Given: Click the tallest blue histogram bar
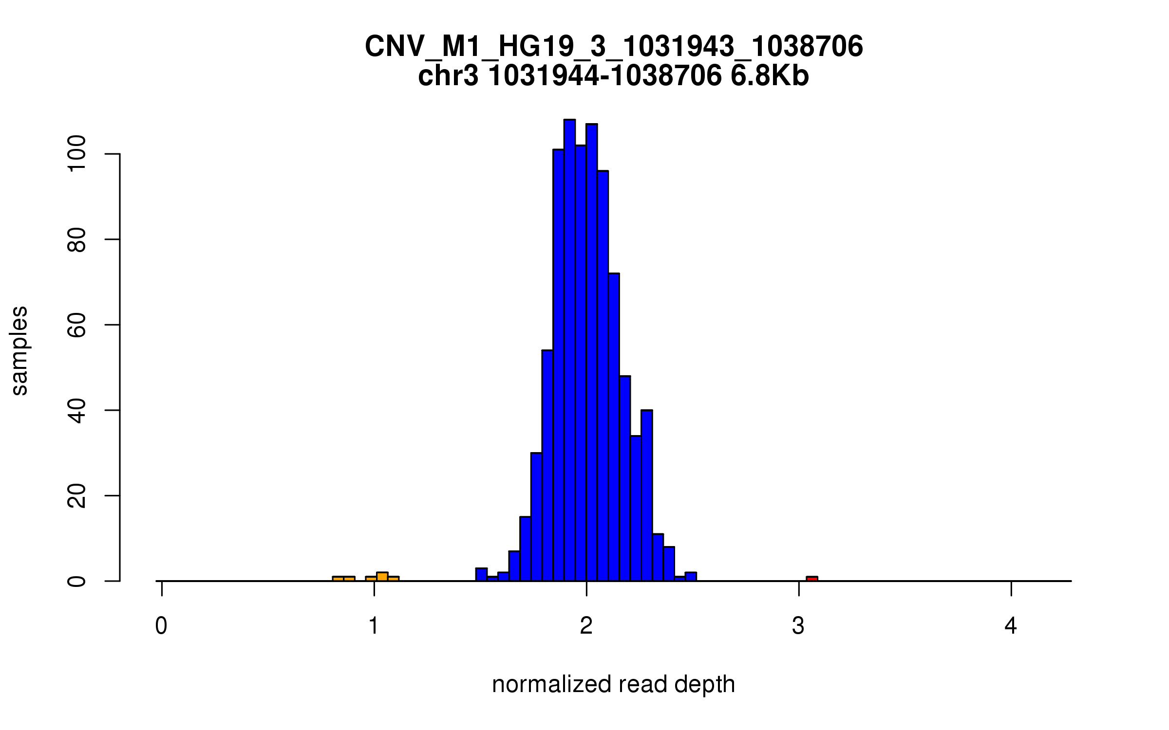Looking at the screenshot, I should [x=569, y=350].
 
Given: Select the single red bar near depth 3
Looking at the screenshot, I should [x=812, y=579].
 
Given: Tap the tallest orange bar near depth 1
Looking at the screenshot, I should [x=382, y=577].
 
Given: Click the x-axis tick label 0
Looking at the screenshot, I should [x=161, y=626].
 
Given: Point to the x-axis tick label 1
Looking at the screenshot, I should [x=374, y=626].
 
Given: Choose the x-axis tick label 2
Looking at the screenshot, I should [x=586, y=626].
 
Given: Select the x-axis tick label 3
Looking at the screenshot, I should [x=798, y=626].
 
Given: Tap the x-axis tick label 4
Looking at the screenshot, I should [x=1011, y=626].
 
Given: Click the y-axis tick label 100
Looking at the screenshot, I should [x=77, y=154].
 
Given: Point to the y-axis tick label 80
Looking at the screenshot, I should [x=77, y=239].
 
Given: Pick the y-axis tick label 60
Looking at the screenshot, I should [x=77, y=325].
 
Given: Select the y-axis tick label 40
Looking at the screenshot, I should [x=77, y=410].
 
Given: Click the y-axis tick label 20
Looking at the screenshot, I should [x=77, y=495].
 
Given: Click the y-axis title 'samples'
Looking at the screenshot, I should [x=19, y=350].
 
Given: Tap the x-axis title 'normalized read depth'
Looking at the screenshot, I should [x=613, y=684].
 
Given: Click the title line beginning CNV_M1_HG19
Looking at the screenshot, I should [x=614, y=47].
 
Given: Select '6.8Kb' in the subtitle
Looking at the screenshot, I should [x=770, y=76].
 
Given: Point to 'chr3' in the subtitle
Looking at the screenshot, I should [x=448, y=76].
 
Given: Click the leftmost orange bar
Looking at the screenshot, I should [x=338, y=579].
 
